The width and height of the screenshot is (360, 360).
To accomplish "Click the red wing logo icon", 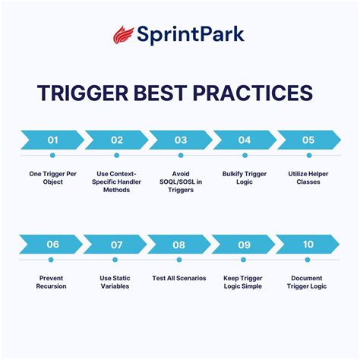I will pyautogui.click(x=124, y=34).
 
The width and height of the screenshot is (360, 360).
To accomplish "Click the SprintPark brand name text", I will pyautogui.click(x=191, y=35).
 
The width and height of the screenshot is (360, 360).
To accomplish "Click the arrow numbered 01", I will pyautogui.click(x=52, y=140).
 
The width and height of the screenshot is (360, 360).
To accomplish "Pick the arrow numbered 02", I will pyautogui.click(x=116, y=140).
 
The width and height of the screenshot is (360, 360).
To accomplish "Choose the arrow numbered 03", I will pyautogui.click(x=180, y=140).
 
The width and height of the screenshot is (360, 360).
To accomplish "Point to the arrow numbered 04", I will pyautogui.click(x=244, y=140).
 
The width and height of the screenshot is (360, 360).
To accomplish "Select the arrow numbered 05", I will pyautogui.click(x=308, y=140).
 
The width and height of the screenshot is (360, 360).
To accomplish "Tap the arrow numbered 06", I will pyautogui.click(x=52, y=245).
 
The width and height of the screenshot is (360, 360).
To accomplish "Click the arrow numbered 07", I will pyautogui.click(x=116, y=245).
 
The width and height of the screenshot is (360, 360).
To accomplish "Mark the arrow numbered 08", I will pyautogui.click(x=180, y=245).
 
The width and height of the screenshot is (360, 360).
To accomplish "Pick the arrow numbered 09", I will pyautogui.click(x=244, y=245).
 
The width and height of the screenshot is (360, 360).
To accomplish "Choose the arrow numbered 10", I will pyautogui.click(x=308, y=245).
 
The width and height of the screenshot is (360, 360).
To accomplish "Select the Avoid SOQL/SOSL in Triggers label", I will pyautogui.click(x=180, y=182).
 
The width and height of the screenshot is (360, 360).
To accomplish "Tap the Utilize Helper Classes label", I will pyautogui.click(x=308, y=178).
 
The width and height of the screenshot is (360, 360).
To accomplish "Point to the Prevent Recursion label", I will pyautogui.click(x=52, y=282).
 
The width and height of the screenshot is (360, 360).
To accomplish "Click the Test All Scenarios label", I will pyautogui.click(x=180, y=278).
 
